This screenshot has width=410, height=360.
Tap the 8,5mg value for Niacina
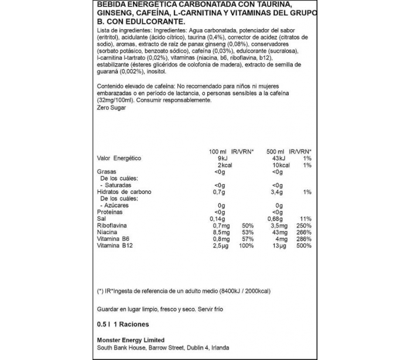pyautogui.click(x=218, y=232)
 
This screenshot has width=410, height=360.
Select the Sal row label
pyautogui.click(x=101, y=219)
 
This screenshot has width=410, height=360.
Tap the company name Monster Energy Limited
pyautogui.click(x=130, y=340)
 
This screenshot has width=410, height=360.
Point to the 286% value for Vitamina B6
pyautogui.click(x=304, y=239)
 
